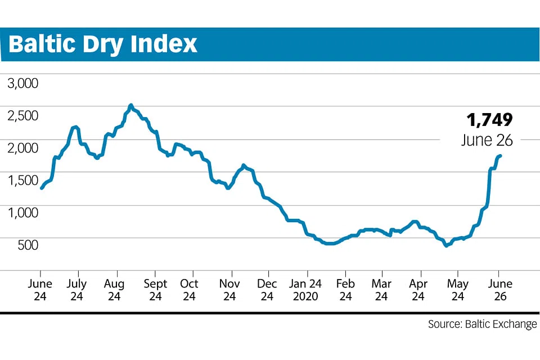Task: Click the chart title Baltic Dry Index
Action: pyautogui.click(x=103, y=44)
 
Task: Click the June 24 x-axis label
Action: pyautogui.click(x=40, y=290)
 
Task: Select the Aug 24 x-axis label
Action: pyautogui.click(x=115, y=290)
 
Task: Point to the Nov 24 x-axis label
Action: pyautogui.click(x=230, y=290)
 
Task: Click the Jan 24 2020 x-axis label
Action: pyautogui.click(x=307, y=290)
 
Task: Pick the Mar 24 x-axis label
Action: pyautogui.click(x=382, y=290)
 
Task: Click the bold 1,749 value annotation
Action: pyautogui.click(x=489, y=120)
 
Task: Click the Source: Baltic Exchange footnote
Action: pyautogui.click(x=482, y=324)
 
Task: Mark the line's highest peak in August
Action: pyautogui.click(x=130, y=105)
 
